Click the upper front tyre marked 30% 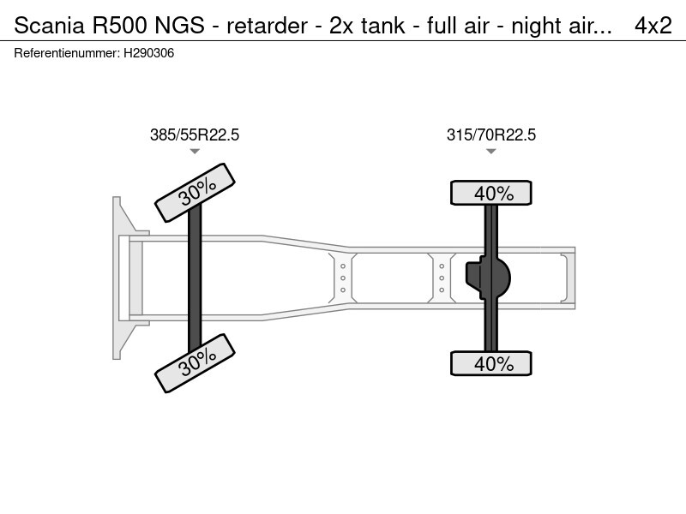tap(195, 194)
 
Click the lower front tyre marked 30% tap(195, 362)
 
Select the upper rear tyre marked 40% tap(491, 194)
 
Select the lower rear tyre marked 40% tap(491, 363)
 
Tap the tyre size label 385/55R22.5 tap(195, 134)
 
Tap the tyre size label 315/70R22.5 tap(491, 134)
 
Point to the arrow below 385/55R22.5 tap(195, 152)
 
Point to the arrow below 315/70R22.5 tap(491, 152)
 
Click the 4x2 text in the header tap(653, 26)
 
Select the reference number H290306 tap(149, 53)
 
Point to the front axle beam tap(195, 278)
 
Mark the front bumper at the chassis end tap(121, 278)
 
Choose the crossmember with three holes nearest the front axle tap(343, 278)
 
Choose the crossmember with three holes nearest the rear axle tap(442, 278)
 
